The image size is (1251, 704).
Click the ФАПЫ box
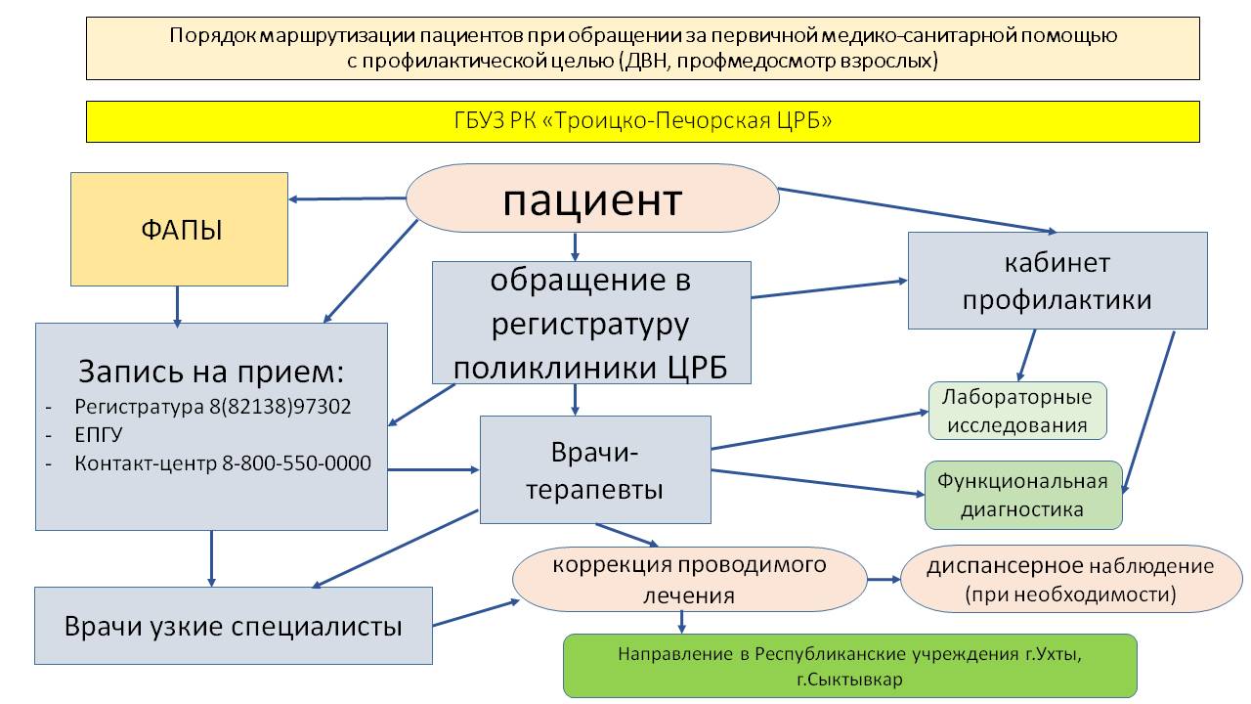point(179,229)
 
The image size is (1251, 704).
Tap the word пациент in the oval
point(592,200)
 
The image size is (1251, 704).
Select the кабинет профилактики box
point(1057,281)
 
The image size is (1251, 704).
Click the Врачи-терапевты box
point(595,469)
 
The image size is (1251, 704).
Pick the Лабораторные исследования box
point(1017,411)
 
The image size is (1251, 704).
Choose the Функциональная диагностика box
point(1023,495)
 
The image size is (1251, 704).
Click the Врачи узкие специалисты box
point(234,625)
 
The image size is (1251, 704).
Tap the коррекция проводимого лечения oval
point(689,579)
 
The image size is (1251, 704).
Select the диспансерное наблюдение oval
point(1070,579)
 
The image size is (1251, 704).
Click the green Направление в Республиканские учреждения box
point(850,666)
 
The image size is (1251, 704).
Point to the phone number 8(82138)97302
point(280,406)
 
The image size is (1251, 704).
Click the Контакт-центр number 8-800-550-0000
point(296,462)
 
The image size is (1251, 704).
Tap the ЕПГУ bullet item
point(99,434)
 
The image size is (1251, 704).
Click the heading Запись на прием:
point(211,371)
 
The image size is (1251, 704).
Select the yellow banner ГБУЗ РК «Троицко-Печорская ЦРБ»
point(643,121)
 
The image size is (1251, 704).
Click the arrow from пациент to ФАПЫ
point(347,198)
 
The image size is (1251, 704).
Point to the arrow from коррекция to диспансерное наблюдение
point(884,580)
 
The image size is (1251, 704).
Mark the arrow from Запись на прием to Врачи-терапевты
point(434,470)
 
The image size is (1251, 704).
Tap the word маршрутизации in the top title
point(338,36)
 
